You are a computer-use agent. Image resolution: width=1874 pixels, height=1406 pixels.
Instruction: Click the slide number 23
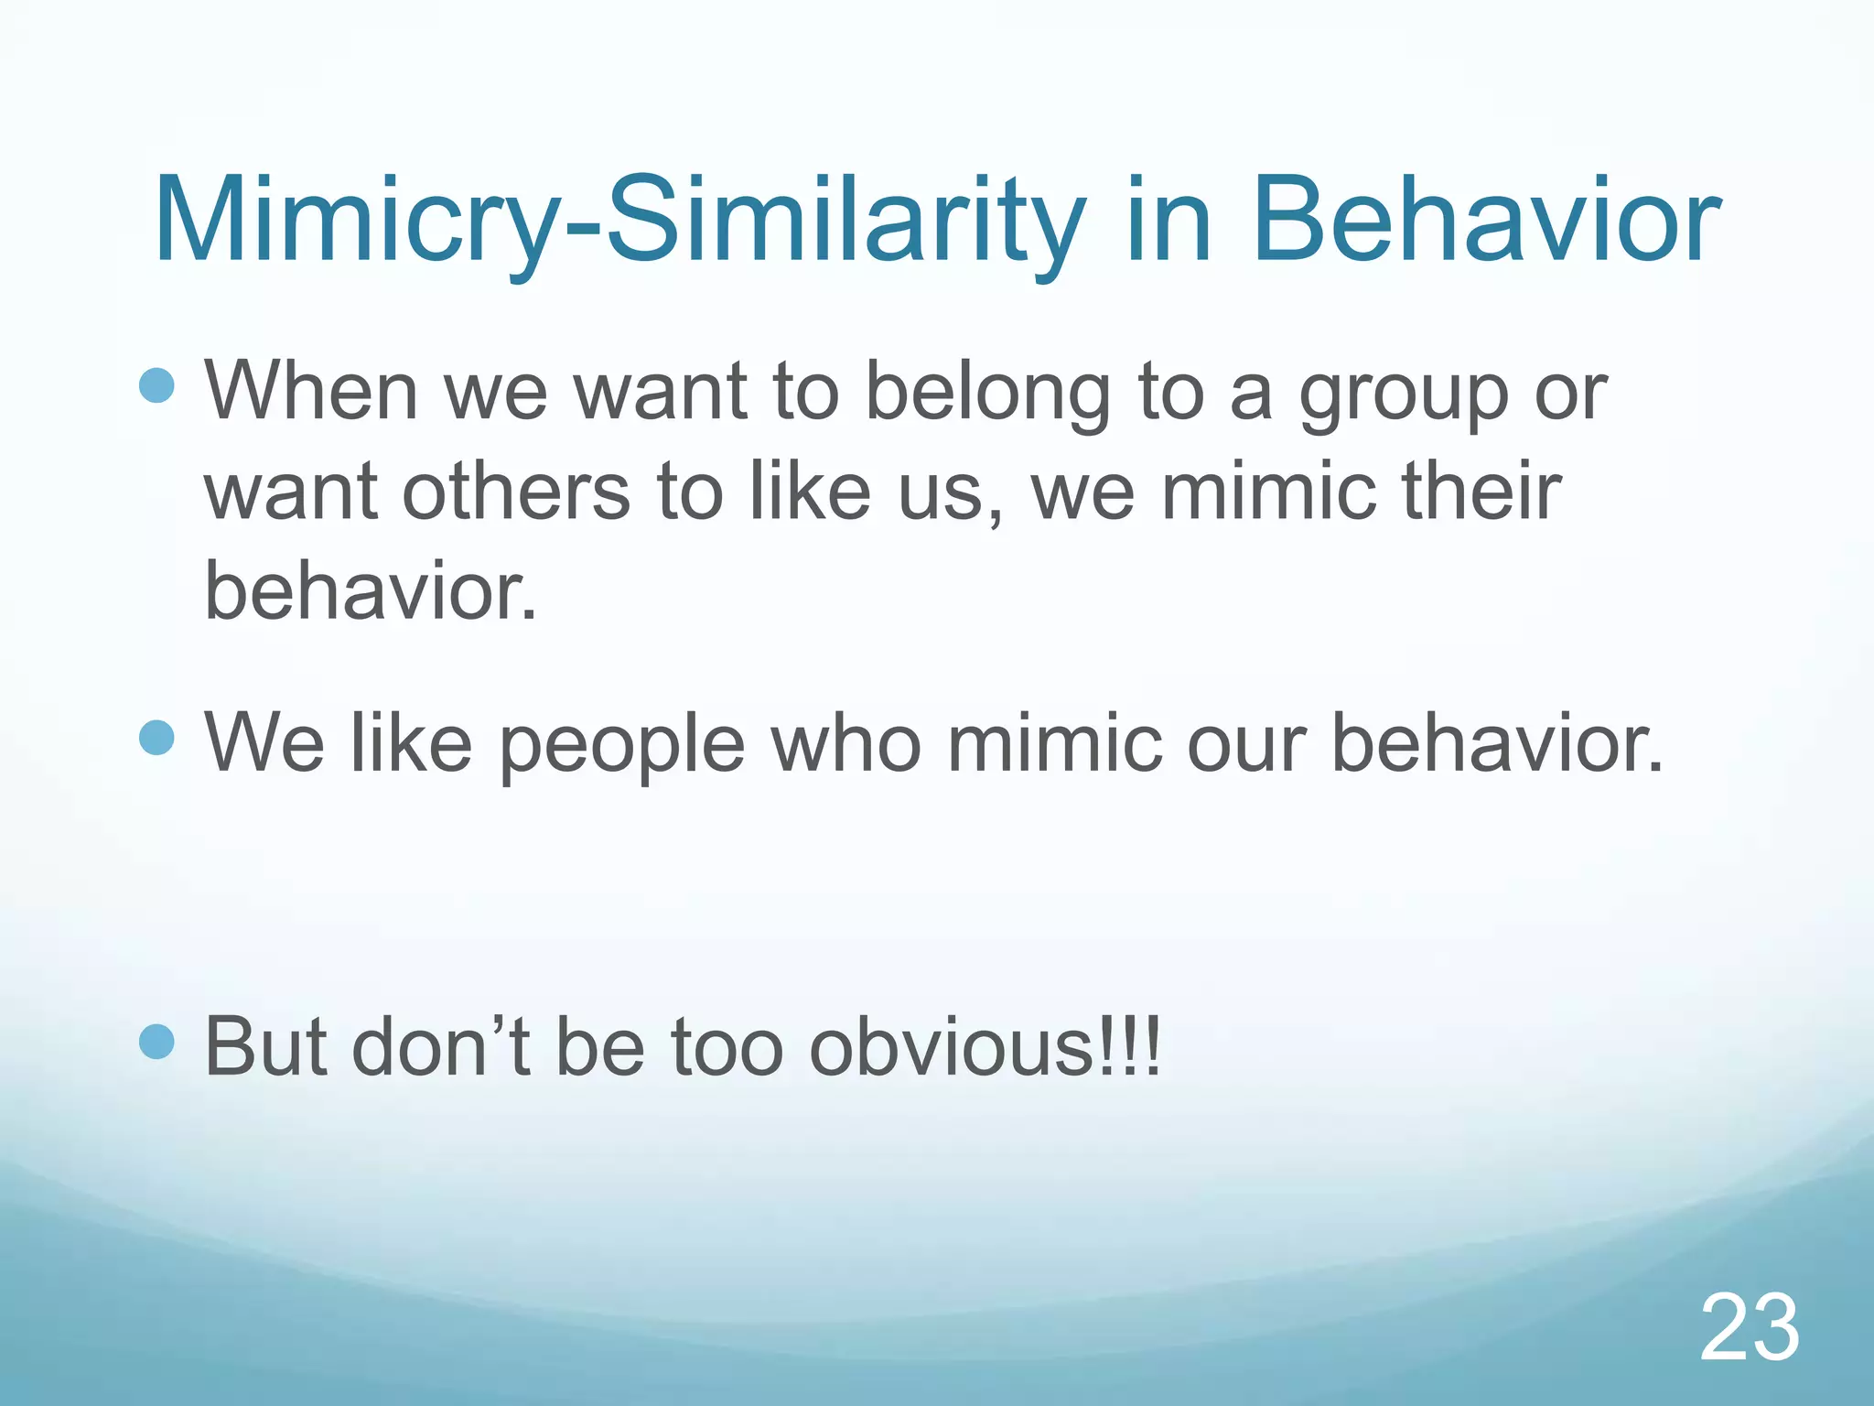pos(1750,1328)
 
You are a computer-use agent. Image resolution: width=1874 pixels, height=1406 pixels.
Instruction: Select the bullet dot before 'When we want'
pos(157,386)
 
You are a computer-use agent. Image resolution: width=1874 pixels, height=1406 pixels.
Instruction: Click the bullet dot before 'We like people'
pos(157,737)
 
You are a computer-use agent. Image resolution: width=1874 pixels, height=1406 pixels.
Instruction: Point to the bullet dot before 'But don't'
pos(157,1041)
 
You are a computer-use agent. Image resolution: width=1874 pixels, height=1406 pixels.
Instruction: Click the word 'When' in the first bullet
pos(311,392)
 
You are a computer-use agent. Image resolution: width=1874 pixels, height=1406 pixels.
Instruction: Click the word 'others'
pos(516,492)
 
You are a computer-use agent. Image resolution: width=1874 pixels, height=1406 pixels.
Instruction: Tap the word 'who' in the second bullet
pos(845,742)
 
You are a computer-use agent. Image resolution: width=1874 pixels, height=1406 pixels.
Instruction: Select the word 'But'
pos(265,1046)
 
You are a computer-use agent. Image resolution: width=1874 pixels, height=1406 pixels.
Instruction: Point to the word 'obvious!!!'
pos(985,1046)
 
